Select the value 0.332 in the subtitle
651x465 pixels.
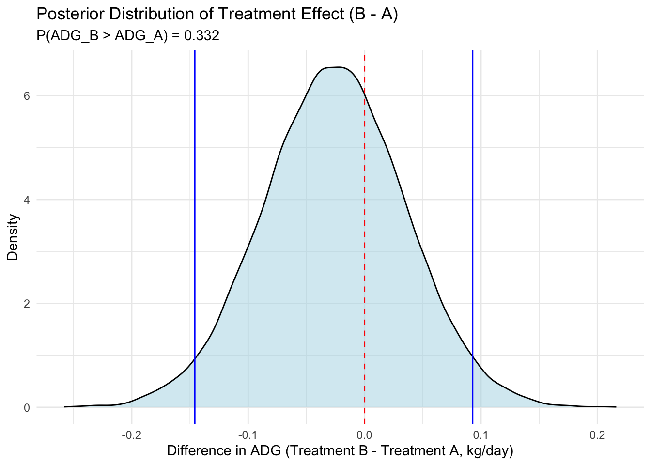201,36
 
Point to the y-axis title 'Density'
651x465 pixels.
13,237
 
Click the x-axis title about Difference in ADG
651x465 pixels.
340,451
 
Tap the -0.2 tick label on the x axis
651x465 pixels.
131,435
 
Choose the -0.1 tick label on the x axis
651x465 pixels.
248,435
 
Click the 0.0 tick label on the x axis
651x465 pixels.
364,435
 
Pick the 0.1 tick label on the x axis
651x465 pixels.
481,435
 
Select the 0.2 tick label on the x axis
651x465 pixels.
598,435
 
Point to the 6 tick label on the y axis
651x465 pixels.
27,95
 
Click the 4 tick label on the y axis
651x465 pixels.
27,200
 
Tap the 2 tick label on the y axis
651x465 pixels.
27,304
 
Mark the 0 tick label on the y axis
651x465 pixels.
27,408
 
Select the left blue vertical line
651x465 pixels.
195,237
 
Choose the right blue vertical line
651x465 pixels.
473,237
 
